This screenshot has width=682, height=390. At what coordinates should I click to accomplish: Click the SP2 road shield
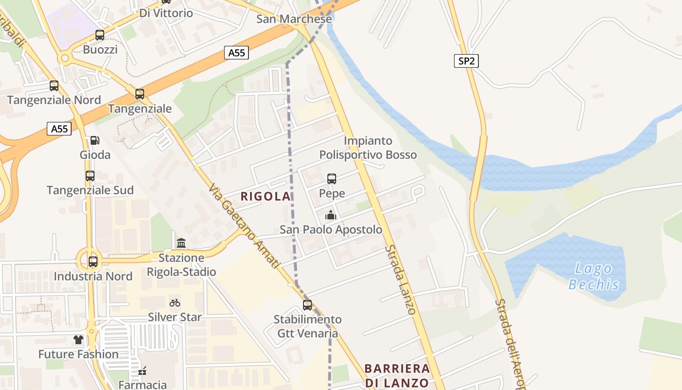click(x=466, y=61)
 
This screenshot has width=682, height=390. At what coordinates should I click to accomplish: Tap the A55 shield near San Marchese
click(x=237, y=53)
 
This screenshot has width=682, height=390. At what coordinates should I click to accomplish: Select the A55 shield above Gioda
click(x=59, y=129)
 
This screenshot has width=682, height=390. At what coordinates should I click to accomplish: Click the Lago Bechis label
click(x=593, y=276)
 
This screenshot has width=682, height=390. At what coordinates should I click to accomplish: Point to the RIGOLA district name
click(x=265, y=196)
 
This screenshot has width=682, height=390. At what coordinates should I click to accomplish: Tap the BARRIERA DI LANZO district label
click(x=397, y=375)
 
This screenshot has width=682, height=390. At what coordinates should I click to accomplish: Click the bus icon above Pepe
click(x=332, y=179)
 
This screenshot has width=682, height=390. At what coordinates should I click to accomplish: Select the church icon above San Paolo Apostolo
click(x=330, y=215)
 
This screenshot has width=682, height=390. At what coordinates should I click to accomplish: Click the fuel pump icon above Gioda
click(x=95, y=140)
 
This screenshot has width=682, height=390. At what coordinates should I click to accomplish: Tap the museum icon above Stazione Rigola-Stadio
click(x=181, y=243)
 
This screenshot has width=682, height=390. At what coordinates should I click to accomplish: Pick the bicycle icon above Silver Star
click(x=175, y=303)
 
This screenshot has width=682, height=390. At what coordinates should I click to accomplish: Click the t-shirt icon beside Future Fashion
click(x=78, y=339)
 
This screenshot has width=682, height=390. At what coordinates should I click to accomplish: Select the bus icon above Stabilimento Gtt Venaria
click(x=307, y=305)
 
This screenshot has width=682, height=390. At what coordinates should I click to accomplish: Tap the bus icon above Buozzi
click(x=100, y=35)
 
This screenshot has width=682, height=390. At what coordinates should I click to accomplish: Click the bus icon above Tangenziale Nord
click(x=54, y=86)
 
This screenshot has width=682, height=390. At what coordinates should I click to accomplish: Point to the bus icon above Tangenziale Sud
click(x=90, y=176)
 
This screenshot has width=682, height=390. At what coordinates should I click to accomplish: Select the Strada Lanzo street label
click(x=400, y=279)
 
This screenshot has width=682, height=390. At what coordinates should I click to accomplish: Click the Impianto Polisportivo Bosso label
click(x=368, y=148)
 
